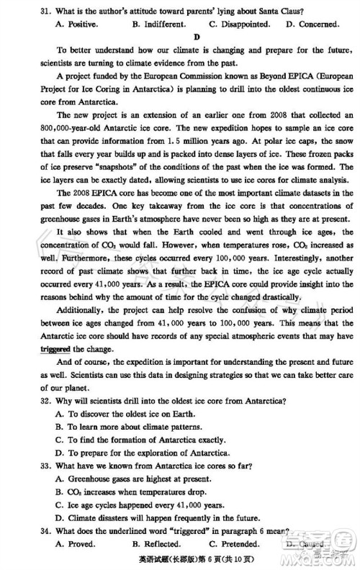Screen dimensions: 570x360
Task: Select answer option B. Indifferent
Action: pyautogui.click(x=158, y=24)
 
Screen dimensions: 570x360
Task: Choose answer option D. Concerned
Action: pyautogui.click(x=312, y=24)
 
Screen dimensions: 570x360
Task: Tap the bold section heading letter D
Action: pyautogui.click(x=196, y=37)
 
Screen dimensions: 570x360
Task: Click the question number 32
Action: pyautogui.click(x=27, y=401)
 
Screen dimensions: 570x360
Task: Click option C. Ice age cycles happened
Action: pyautogui.click(x=135, y=505)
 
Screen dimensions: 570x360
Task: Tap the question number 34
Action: pyautogui.click(x=27, y=531)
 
